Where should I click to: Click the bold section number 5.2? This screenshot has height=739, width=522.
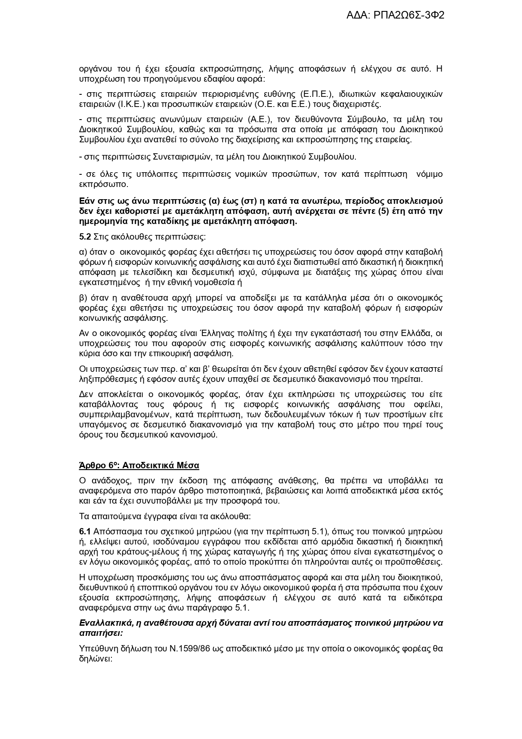[x=85, y=237]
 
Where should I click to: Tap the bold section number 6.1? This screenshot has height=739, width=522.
[x=85, y=531]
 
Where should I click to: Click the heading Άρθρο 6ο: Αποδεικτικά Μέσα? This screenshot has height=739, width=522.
[x=139, y=465]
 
